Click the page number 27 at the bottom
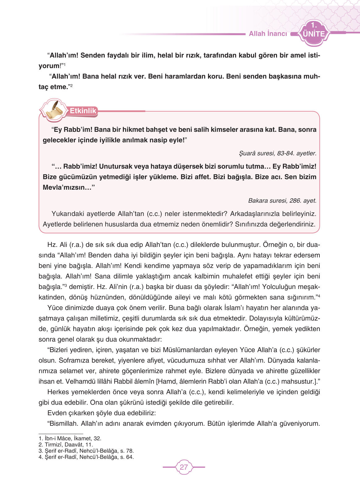click(184, 467)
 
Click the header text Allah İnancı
click(268, 34)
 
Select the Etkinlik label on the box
click(83, 111)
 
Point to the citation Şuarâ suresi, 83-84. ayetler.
click(278, 153)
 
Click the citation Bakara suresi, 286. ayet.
click(282, 200)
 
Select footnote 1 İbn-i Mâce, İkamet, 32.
click(70, 438)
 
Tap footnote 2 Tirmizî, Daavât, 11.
click(66, 445)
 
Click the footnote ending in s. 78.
click(86, 451)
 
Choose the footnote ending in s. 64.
click(86, 457)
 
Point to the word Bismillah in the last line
click(63, 424)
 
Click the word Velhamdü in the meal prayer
click(78, 381)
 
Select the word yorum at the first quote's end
click(49, 66)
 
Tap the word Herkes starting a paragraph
click(58, 392)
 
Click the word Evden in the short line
click(56, 413)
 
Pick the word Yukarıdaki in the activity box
click(67, 214)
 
